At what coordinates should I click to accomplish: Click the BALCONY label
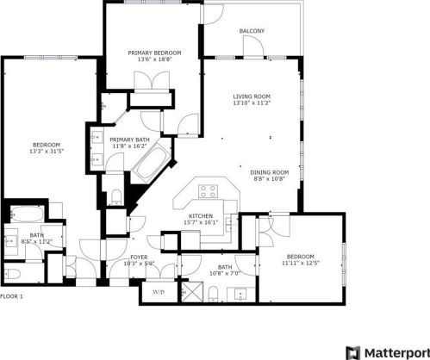(252, 31)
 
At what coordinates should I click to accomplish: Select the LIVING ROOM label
(252, 96)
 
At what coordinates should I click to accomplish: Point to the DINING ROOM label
(269, 172)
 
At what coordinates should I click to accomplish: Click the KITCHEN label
(201, 216)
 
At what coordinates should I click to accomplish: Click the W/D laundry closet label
(159, 292)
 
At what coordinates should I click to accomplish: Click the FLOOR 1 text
(11, 296)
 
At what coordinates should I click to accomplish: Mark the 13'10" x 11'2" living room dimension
(252, 103)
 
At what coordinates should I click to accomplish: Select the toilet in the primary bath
(115, 194)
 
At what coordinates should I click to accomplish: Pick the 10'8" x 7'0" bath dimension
(226, 274)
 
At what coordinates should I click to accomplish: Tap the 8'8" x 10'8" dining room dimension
(269, 179)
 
